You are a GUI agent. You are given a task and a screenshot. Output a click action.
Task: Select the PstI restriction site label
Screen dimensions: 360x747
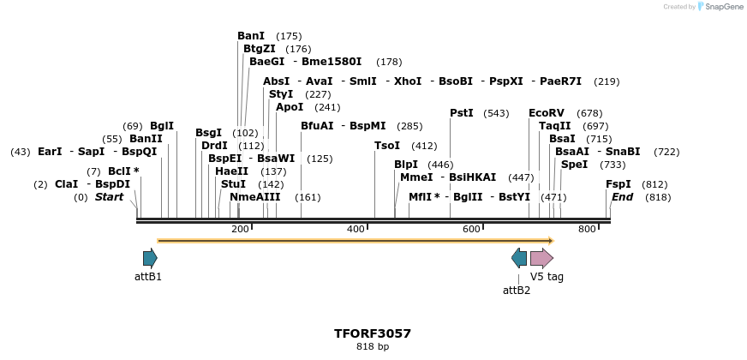click(462, 113)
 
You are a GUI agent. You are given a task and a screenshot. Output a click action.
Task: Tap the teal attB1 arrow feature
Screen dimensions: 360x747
click(150, 258)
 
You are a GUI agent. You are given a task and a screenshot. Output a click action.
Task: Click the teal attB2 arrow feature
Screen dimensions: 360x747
click(519, 258)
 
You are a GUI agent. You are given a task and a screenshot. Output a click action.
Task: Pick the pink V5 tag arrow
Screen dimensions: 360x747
click(541, 258)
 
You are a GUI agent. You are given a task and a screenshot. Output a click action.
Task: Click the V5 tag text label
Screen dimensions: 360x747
click(547, 277)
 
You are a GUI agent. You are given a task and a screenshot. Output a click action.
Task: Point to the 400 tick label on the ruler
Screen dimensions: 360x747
click(356, 229)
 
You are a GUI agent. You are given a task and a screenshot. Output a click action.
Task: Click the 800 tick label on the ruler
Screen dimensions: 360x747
click(587, 229)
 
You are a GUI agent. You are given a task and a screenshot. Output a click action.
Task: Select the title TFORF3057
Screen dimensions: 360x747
click(373, 333)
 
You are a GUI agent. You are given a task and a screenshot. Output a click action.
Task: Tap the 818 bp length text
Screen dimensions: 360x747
click(373, 347)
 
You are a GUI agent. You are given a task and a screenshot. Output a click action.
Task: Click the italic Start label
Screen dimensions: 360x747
click(109, 197)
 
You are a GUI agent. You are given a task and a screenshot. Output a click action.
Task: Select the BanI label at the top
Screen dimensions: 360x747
click(251, 36)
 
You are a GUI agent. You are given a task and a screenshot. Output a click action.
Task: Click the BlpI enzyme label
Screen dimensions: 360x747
click(406, 165)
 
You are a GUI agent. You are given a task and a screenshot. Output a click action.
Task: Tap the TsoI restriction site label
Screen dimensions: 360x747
click(387, 146)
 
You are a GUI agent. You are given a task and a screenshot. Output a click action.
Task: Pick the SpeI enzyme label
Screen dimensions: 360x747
click(574, 165)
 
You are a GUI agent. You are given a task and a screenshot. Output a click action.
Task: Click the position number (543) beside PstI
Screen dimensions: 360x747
click(496, 114)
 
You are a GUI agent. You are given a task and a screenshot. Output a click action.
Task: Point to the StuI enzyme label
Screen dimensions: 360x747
click(233, 184)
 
